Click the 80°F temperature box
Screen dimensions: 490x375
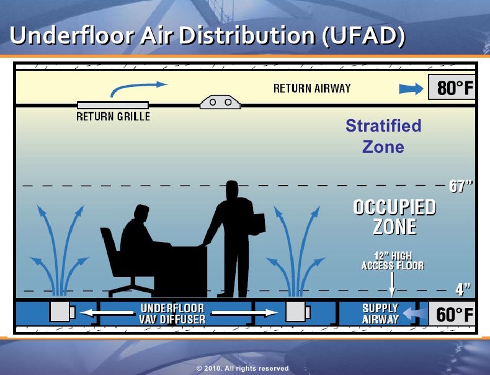[452, 88]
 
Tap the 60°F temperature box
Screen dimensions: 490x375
[452, 314]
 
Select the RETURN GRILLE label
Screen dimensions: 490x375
[113, 116]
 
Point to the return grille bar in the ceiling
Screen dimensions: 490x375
[113, 105]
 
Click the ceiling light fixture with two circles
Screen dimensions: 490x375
[220, 102]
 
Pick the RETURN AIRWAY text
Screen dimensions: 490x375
[312, 88]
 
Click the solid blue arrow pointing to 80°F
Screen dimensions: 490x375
[411, 89]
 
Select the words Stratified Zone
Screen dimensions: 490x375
[383, 136]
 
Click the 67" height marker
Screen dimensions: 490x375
[461, 186]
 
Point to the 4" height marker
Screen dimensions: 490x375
[463, 289]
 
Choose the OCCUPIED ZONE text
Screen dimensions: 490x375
[394, 217]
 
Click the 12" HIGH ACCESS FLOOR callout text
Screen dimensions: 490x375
[393, 261]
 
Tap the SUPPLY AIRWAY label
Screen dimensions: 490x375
[380, 314]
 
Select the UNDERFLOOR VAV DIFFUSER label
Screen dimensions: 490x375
[172, 314]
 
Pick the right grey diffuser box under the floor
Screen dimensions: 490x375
[298, 312]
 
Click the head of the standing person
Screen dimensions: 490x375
[232, 189]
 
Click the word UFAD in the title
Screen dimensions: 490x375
[363, 35]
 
